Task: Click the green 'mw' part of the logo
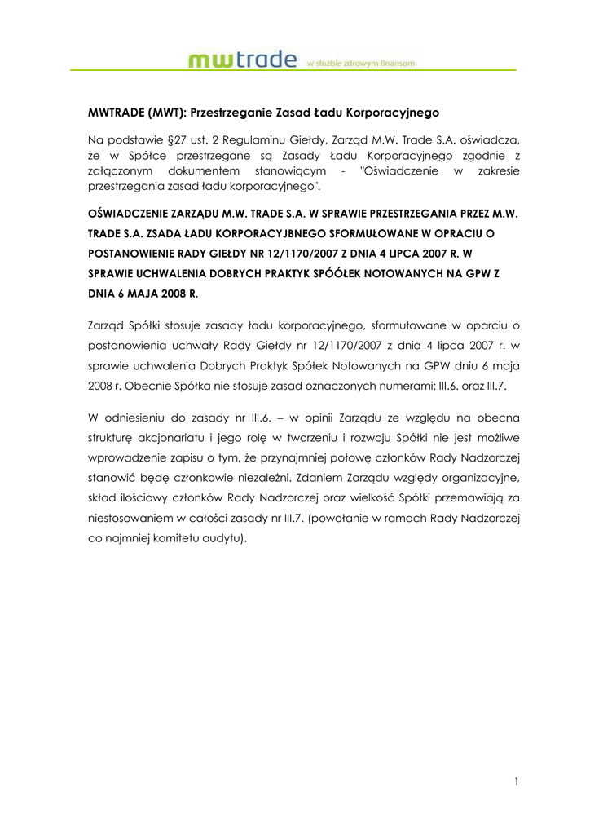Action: (214, 60)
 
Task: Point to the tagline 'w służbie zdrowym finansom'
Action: (361, 63)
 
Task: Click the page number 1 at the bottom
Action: (517, 782)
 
